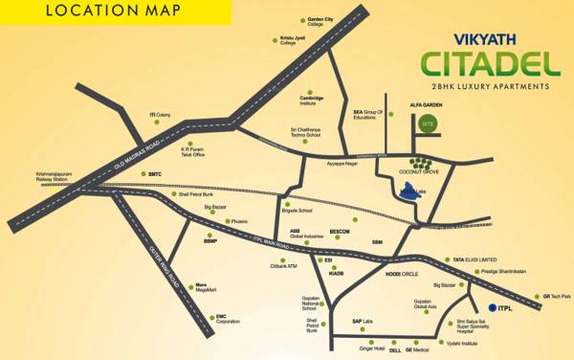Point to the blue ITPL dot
coord(492,307)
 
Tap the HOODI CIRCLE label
coord(402,274)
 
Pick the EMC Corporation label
coord(227,319)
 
